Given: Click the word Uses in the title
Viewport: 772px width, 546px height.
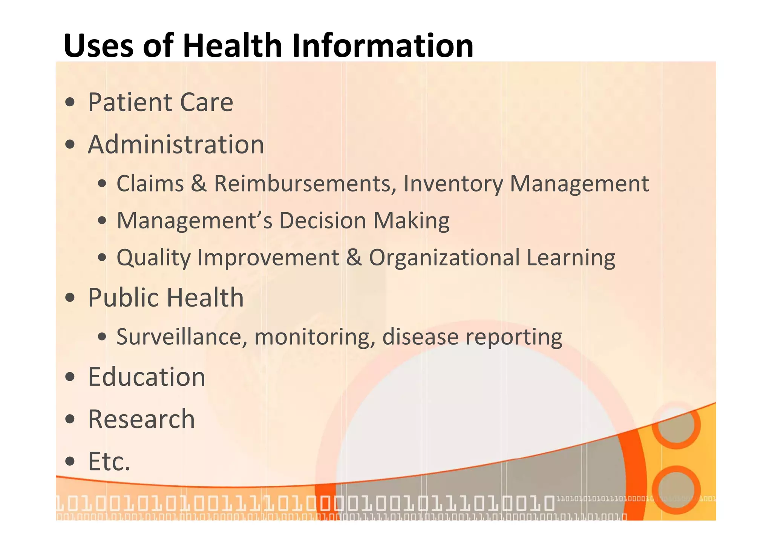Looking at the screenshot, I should pyautogui.click(x=98, y=46).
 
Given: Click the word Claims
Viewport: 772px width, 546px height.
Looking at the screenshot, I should pyautogui.click(x=150, y=184).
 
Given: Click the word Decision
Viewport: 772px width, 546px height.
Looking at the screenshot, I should pyautogui.click(x=323, y=221).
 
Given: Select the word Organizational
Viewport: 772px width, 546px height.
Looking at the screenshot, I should pyautogui.click(x=444, y=258).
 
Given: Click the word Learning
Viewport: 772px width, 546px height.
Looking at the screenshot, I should pyautogui.click(x=571, y=258).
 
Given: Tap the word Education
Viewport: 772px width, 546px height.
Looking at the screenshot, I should pyautogui.click(x=147, y=377).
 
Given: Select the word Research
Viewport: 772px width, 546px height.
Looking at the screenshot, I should pyautogui.click(x=141, y=419).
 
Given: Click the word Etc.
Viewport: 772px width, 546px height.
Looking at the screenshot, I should pyautogui.click(x=109, y=461).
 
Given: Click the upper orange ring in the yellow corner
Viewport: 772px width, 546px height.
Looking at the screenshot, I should pyautogui.click(x=676, y=425).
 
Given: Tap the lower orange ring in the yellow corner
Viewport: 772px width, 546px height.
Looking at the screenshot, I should pyautogui.click(x=676, y=490).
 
